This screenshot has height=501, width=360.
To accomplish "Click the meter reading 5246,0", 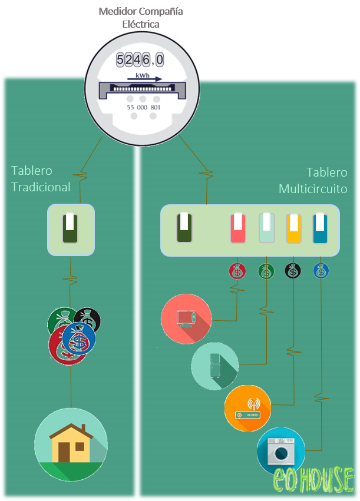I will (x=140, y=59).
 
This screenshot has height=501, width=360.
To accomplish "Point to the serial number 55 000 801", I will (x=144, y=107).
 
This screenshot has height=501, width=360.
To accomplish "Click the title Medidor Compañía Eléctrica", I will (x=141, y=18).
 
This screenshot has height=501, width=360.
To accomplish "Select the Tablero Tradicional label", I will (x=41, y=179).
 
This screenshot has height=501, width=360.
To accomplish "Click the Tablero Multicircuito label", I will (x=313, y=181).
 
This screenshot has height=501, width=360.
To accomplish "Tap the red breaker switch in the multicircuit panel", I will (x=237, y=228).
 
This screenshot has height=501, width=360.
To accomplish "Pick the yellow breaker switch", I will (x=293, y=228).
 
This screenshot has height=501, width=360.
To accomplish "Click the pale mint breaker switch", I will (x=267, y=228).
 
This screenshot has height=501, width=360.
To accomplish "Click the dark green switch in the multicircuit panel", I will (x=184, y=228).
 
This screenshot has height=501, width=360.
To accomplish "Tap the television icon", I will (x=186, y=318).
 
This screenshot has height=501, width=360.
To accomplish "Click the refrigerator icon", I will (x=214, y=366).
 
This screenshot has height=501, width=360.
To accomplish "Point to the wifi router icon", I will (x=248, y=409).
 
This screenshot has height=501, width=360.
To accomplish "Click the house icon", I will (x=71, y=444).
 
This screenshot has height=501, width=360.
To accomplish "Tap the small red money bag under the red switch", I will (x=237, y=271).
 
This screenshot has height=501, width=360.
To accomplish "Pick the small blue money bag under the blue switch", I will (x=321, y=271).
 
